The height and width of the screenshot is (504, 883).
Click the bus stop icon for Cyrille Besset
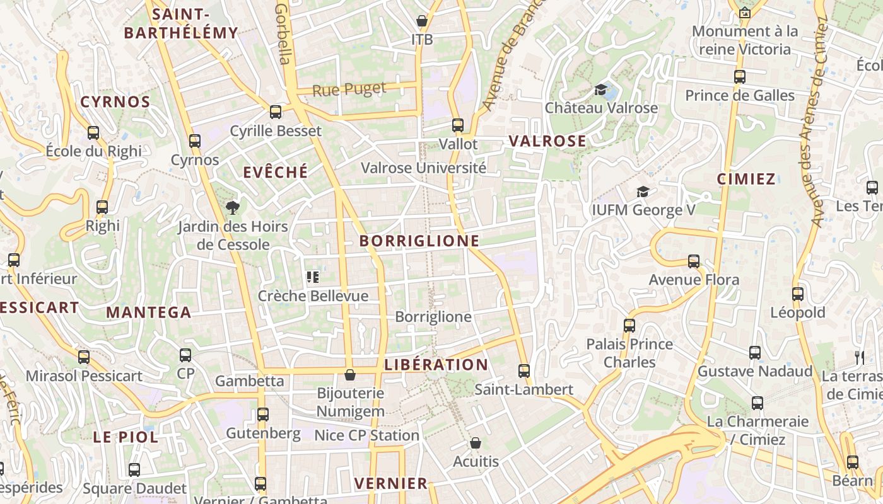(276, 112)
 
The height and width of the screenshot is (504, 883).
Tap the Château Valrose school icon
(600, 90)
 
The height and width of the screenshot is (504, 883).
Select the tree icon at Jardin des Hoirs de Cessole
(233, 208)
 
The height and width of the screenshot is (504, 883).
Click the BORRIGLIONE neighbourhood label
(419, 241)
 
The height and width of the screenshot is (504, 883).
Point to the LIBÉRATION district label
(436, 365)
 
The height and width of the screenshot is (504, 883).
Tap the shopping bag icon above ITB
(422, 21)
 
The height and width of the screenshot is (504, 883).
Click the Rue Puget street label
(349, 89)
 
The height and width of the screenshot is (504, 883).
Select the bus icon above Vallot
(458, 125)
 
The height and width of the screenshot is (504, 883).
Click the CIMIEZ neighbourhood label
(746, 179)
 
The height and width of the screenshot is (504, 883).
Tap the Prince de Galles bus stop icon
(740, 77)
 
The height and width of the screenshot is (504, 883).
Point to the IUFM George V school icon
(643, 192)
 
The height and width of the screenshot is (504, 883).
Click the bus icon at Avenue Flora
(694, 261)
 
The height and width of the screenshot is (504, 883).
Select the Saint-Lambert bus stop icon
(523, 371)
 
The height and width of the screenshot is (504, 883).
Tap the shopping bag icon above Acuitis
(476, 444)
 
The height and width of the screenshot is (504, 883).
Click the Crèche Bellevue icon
(312, 277)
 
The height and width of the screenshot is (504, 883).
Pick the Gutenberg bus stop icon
(263, 415)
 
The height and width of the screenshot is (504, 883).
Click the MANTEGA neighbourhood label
(148, 312)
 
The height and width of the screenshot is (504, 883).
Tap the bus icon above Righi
(102, 207)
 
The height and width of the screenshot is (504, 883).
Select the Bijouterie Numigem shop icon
(350, 375)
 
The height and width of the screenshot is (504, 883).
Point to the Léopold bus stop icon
(798, 294)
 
